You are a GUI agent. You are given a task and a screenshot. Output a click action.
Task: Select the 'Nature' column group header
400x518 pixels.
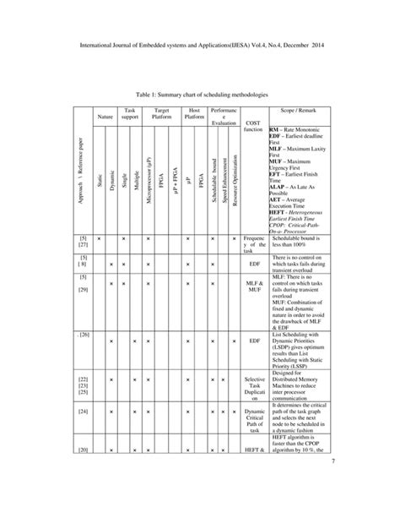[x=105, y=115]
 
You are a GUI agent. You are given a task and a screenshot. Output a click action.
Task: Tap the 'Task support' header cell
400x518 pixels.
[x=130, y=115]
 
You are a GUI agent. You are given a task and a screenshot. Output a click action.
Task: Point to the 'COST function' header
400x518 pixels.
[x=253, y=125]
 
